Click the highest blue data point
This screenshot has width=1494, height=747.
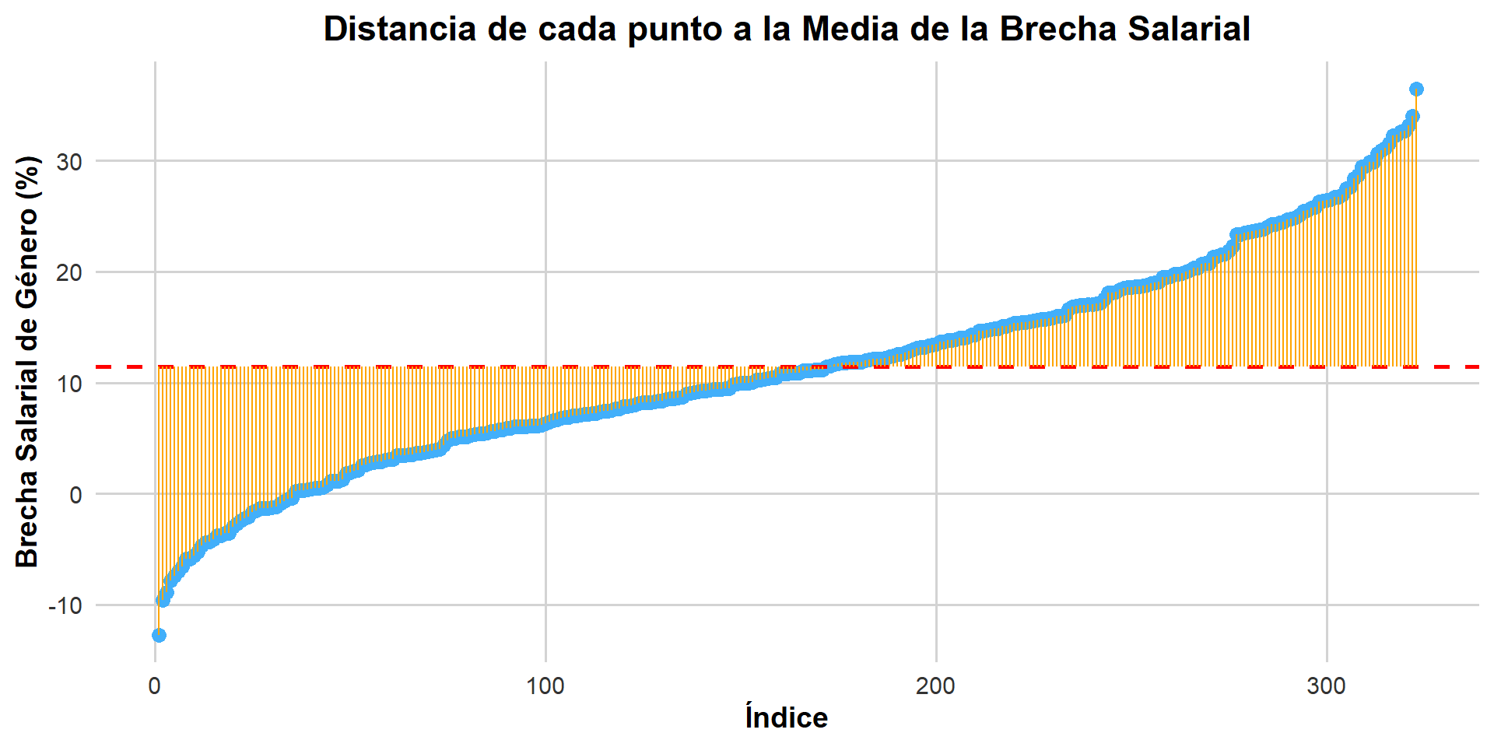coord(1416,89)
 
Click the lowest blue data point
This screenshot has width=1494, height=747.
coord(159,635)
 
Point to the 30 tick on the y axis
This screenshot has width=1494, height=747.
coord(69,162)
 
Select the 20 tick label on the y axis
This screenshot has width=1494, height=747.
coord(69,273)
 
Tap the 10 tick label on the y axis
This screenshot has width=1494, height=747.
coord(69,384)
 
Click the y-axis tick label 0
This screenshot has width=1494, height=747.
coord(75,495)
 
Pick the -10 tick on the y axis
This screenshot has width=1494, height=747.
coord(65,605)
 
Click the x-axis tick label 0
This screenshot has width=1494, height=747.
coord(155,686)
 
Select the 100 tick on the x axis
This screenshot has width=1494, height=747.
coord(545,686)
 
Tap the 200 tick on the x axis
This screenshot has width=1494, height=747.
coord(935,686)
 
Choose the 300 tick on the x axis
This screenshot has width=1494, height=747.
coord(1326,686)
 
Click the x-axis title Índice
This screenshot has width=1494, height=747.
coord(786,717)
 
